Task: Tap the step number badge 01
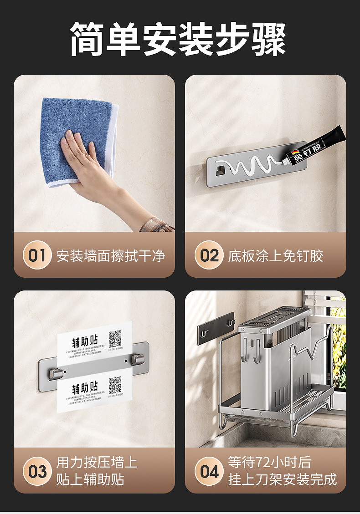[x=37, y=255]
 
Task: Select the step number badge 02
[x=209, y=255]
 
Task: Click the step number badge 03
[x=37, y=471]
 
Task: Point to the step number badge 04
[x=209, y=471]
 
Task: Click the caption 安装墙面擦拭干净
[x=111, y=255]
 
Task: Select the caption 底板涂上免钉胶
[x=276, y=255]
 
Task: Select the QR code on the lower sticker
[x=115, y=385]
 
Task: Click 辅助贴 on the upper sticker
[x=85, y=342]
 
